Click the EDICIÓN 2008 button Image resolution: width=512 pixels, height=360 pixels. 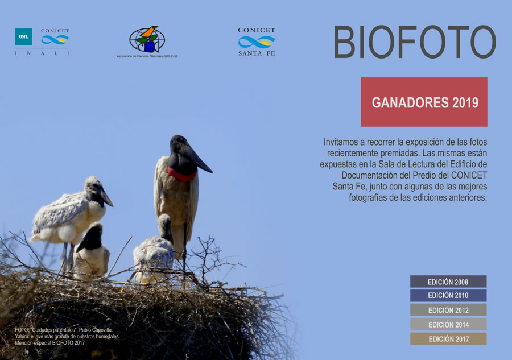448,282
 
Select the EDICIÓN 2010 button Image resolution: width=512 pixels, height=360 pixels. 448,295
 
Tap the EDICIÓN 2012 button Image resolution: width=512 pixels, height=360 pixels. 448,310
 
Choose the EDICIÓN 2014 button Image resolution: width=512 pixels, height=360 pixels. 448,324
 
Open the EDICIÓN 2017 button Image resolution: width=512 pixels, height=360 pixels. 448,339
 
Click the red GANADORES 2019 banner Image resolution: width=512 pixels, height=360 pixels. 424,102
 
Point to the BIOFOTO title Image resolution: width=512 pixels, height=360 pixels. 415,42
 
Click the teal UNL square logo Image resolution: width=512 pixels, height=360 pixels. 23,36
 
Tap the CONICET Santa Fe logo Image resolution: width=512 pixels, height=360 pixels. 257,42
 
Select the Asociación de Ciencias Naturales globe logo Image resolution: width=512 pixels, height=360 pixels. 147,39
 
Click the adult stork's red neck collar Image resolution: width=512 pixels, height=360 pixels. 181,175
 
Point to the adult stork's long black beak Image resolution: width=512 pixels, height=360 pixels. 197,159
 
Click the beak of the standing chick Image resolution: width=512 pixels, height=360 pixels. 106,197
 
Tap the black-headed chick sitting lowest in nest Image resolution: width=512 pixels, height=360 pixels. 91,251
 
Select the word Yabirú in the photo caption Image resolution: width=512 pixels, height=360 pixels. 22,337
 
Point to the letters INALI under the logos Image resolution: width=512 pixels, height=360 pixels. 42,53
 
